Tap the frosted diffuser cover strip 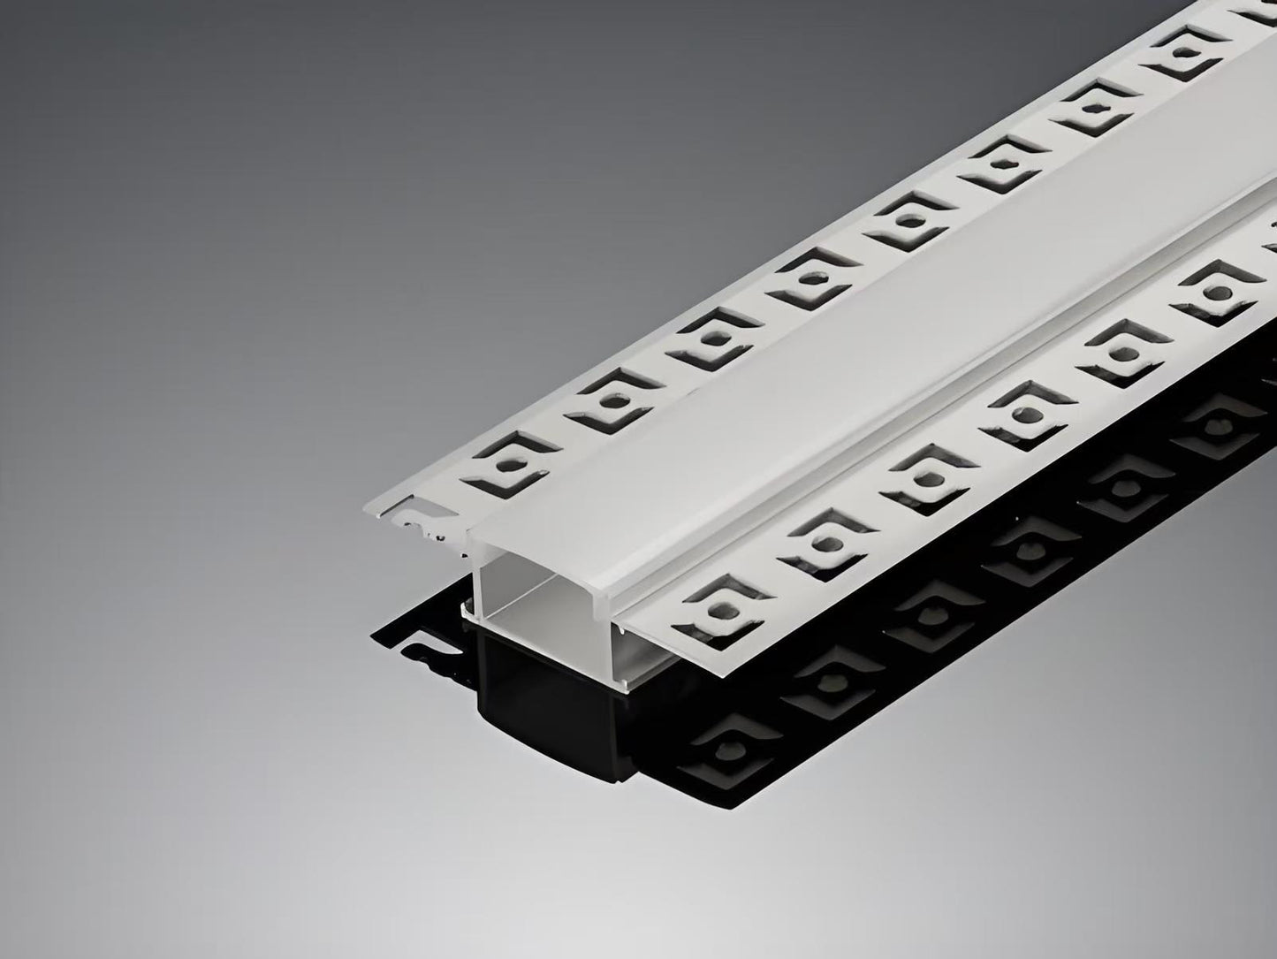[x=795, y=371]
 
